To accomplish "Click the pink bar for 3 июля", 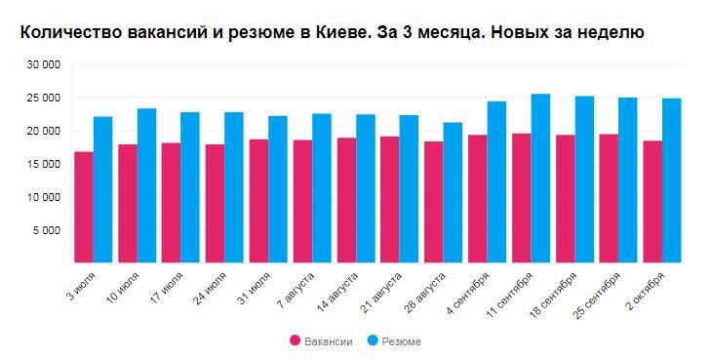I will pos(84,207).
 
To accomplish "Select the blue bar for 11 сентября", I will pos(540,178).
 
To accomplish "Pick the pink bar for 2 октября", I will pos(653,201).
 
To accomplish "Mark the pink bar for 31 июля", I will pos(258,201).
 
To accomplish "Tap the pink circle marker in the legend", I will pos(296,340).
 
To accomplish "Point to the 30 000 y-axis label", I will pos(45,64).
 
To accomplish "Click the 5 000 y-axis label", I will pos(48,230).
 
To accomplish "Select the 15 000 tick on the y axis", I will pos(45,164).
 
